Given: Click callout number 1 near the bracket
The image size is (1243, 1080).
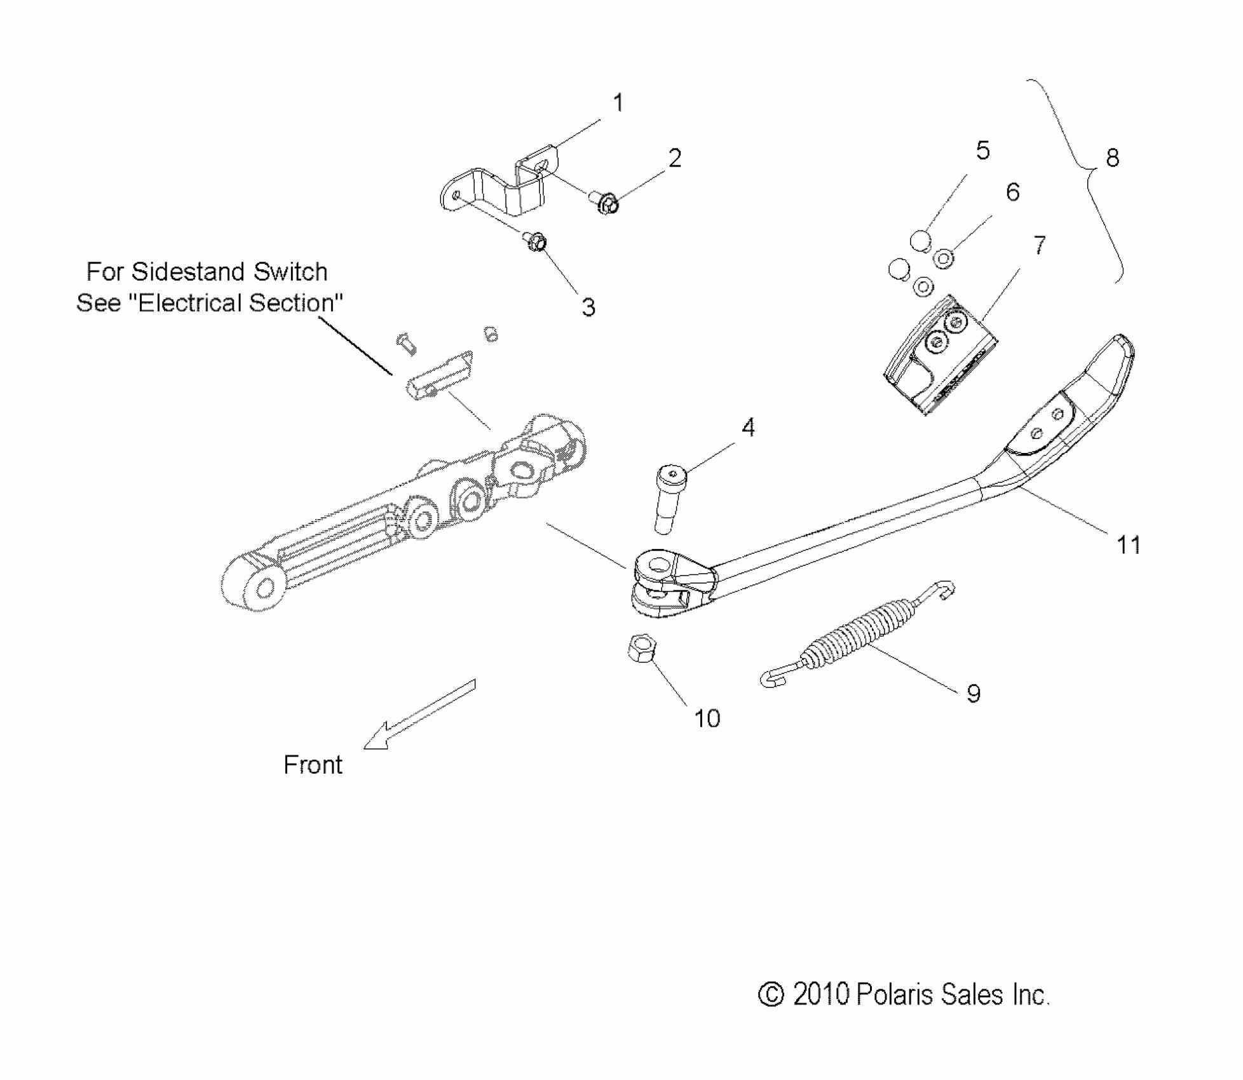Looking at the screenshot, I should point(618,102).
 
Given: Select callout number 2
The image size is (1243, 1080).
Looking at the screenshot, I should point(674,158).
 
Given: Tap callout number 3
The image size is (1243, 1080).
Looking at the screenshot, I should point(588,307).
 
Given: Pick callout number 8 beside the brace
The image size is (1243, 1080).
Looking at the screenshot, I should point(1112,158).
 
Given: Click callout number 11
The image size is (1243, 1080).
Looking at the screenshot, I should point(1129,545).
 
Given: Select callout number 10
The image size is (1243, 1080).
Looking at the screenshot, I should point(707,719).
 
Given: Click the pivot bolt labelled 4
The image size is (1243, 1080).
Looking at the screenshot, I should point(668,500).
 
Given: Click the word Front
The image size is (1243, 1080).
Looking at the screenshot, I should point(313,765).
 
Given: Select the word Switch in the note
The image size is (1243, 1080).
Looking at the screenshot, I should point(290,272).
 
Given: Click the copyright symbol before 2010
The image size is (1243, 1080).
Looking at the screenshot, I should point(771,995).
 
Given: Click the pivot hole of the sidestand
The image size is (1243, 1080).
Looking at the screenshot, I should point(661,564).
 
